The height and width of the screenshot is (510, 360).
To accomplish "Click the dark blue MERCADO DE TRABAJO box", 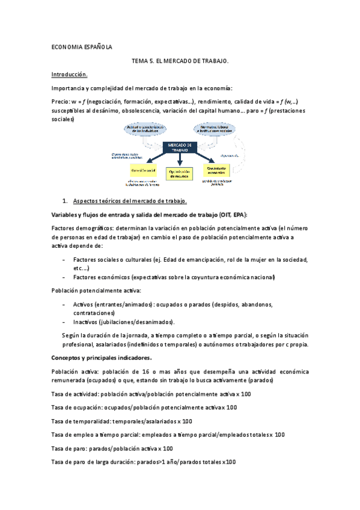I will pyautogui.click(x=180, y=148).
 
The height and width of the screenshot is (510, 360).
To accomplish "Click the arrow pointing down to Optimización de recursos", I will pyautogui.click(x=179, y=159).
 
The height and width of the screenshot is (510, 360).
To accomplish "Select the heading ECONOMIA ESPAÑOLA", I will pyautogui.click(x=82, y=47).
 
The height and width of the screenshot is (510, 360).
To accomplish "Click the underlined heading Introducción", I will pyautogui.click(x=70, y=75).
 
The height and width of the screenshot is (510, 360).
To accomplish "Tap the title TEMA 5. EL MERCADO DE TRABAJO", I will pyautogui.click(x=180, y=61).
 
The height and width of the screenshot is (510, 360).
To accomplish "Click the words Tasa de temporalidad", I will pyautogui.click(x=76, y=421).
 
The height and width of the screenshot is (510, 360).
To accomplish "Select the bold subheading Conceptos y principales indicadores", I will pyautogui.click(x=105, y=358).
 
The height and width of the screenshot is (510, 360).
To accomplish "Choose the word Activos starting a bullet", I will pyautogui.click(x=84, y=304).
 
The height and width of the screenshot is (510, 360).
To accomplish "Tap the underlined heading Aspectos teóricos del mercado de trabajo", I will pyautogui.click(x=130, y=200).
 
